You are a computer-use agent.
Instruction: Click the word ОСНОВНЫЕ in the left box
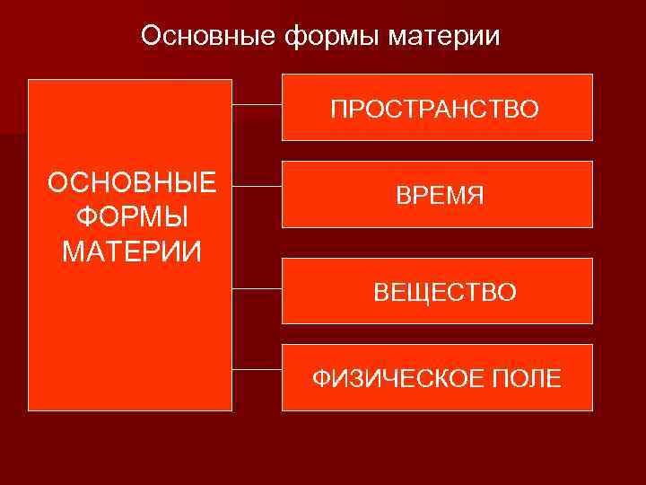pos(132,183)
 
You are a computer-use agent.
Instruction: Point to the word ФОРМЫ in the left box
pos(132,216)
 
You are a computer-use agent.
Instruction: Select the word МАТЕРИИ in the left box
pos(132,250)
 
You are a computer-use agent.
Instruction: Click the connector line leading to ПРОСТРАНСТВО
pos(257,104)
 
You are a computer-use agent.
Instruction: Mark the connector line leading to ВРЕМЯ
pos(257,187)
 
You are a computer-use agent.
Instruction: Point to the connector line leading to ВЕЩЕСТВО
pos(257,289)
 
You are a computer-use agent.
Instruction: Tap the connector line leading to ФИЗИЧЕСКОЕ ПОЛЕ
pos(257,369)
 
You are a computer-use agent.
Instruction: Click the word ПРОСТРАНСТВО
pos(434,110)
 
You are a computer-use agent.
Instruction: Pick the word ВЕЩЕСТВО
pos(445,292)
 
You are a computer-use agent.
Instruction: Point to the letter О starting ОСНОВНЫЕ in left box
pos(58,183)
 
